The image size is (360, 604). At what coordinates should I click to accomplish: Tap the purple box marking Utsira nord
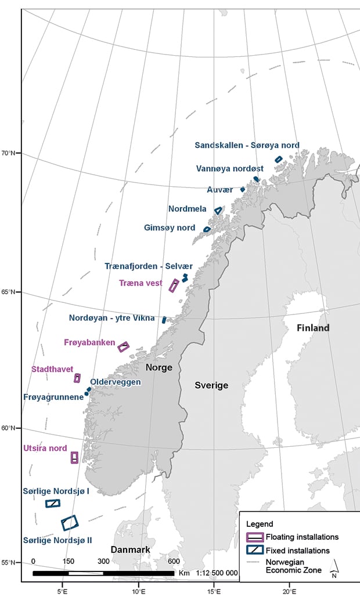pos(74,458)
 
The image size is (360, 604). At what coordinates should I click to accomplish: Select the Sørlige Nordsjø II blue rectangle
pos(70,523)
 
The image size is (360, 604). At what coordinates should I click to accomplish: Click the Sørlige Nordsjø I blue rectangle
pos(53,503)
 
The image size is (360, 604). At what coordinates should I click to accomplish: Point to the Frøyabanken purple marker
pos(123,347)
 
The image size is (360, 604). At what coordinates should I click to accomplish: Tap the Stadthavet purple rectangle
pos(77,378)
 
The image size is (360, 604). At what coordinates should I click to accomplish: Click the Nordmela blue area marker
pos(218,211)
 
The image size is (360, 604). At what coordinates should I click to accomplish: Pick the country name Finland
pos(313,328)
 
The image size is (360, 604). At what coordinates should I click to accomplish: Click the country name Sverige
pos(211,385)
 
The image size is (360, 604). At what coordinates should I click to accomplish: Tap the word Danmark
pos(131,549)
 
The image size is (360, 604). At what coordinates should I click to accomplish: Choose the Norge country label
pos(159,367)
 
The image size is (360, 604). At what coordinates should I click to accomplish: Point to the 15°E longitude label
pos(214,592)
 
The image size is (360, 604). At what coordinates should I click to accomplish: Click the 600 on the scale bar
pos(174,561)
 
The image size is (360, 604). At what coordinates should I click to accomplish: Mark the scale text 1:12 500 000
pos(217,573)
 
